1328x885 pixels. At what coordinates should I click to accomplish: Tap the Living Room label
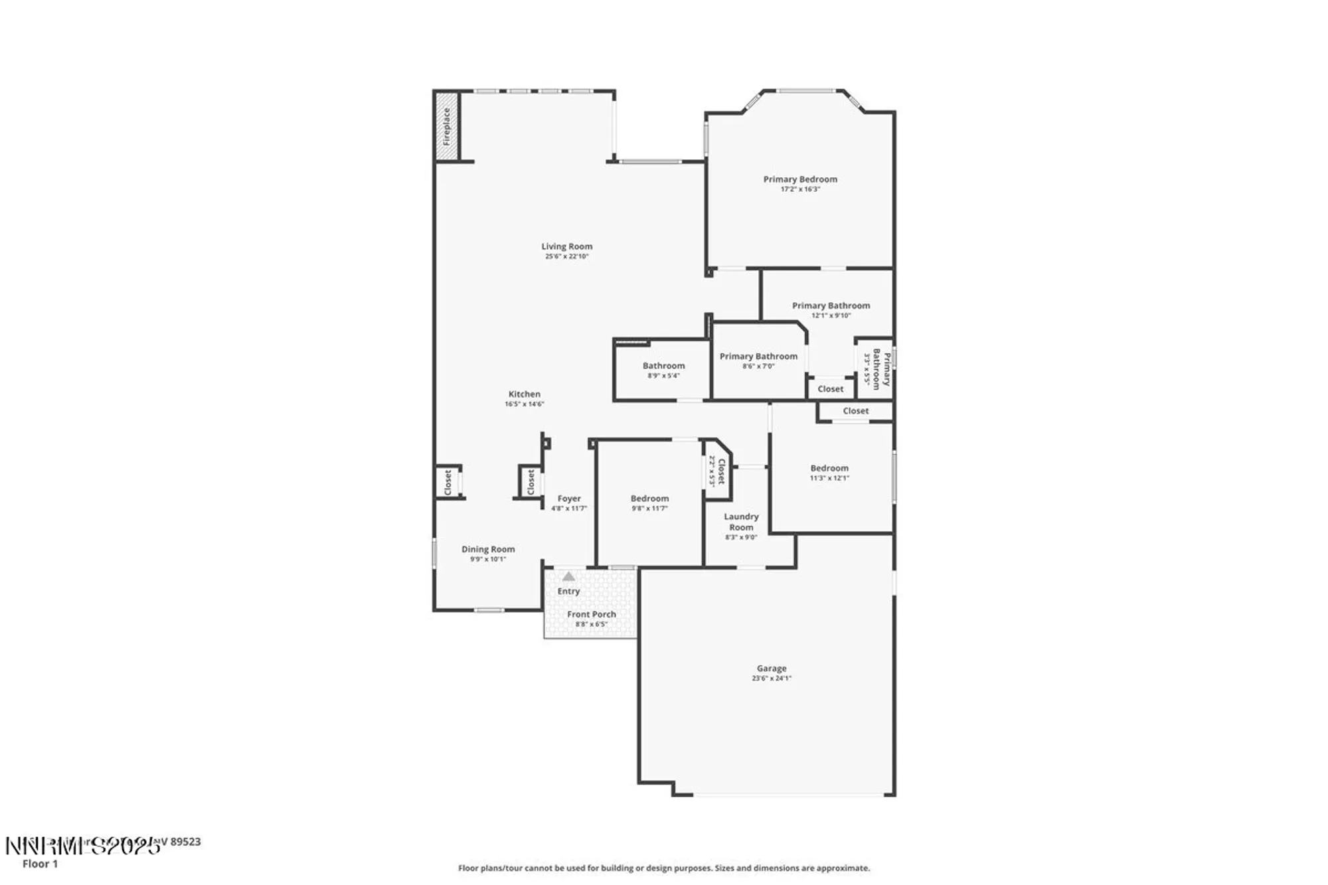coord(566,246)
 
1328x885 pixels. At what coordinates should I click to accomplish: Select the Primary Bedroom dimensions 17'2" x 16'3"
coord(800,189)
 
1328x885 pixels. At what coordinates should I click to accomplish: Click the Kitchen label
coord(524,394)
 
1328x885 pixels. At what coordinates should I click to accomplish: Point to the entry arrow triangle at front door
coord(568,576)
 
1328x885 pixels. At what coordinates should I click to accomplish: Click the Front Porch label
coord(591,614)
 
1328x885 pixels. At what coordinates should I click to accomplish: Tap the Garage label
coord(771,669)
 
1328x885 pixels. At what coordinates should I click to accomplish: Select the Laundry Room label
coord(741,522)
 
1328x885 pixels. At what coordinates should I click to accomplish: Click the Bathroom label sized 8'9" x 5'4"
coord(663,366)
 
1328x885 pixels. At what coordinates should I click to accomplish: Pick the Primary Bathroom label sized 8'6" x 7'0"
coord(758,357)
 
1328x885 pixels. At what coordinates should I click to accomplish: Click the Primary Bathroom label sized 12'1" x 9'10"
coord(831,305)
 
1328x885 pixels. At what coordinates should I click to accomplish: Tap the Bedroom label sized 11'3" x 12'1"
coord(829,468)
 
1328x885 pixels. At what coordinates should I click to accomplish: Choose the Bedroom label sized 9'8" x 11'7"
coord(649,499)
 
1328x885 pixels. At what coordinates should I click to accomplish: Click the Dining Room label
coord(488,549)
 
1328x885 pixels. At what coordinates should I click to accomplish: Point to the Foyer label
coord(569,499)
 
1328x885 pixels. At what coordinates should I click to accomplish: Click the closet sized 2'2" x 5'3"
coord(718,471)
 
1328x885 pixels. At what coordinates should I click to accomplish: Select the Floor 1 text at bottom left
coord(40,864)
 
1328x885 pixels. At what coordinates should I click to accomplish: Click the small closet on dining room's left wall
coord(448,482)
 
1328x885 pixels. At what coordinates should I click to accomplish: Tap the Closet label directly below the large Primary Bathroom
coord(830,389)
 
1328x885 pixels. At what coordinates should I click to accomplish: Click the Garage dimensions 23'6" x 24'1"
coord(771,679)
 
